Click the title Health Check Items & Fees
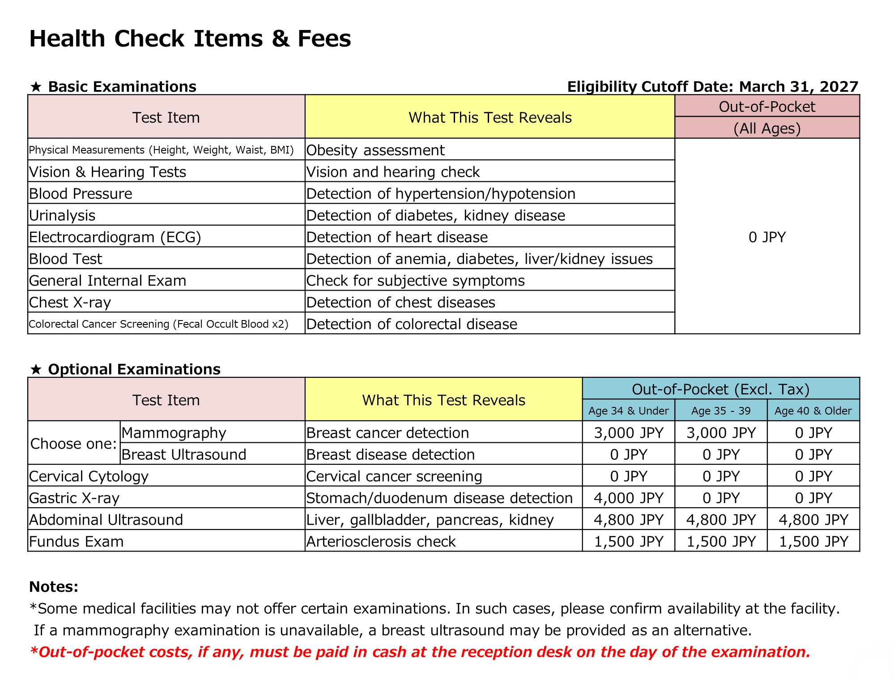[x=190, y=38]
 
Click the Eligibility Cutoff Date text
[x=712, y=86]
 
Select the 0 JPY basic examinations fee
[x=767, y=237]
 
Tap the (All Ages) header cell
[x=767, y=128]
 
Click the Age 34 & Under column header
[x=628, y=411]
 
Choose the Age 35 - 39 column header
[x=721, y=411]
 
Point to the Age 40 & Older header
[x=813, y=411]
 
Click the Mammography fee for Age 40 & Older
[x=813, y=432]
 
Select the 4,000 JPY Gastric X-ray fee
[x=628, y=498]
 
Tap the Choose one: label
[x=73, y=443]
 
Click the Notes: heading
[x=54, y=586]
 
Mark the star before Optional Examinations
[x=36, y=369]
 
